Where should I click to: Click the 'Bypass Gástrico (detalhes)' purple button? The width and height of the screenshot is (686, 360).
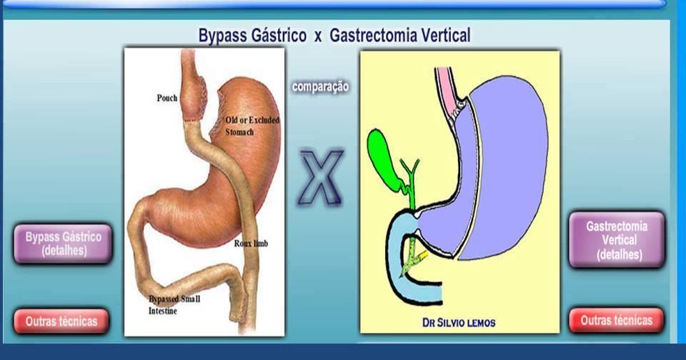point(63,243)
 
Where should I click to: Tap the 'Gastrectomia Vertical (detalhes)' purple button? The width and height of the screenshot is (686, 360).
point(617,239)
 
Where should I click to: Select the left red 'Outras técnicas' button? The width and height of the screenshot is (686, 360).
point(61,321)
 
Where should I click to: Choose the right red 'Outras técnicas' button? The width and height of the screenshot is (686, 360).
point(617,321)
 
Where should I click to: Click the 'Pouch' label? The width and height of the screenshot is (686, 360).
point(167,98)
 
